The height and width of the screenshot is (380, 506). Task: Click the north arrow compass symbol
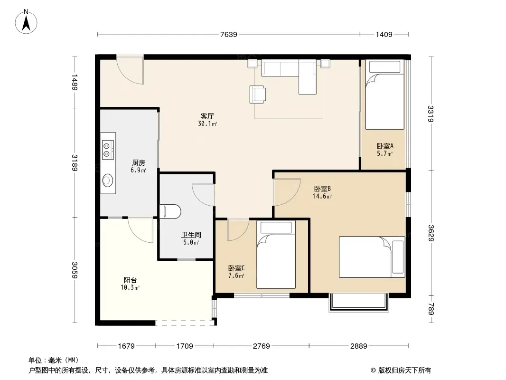(x=26, y=22)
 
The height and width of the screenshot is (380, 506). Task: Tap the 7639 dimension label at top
(x=229, y=35)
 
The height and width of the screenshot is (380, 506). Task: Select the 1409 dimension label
(x=384, y=35)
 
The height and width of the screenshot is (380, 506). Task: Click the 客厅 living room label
(x=207, y=116)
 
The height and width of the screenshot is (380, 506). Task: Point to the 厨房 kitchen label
(x=139, y=163)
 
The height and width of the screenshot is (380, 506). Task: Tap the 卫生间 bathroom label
(x=191, y=235)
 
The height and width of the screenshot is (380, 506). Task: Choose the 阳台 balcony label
(x=130, y=280)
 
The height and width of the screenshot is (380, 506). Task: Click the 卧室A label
(x=385, y=146)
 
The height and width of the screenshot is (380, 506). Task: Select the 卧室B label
(x=322, y=189)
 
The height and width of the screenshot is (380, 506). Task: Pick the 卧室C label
(x=236, y=268)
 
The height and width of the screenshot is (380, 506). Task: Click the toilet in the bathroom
(x=170, y=211)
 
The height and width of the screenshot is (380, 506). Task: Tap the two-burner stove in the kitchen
(x=108, y=150)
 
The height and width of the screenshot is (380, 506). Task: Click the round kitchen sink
(x=108, y=180)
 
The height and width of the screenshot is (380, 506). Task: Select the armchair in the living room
(x=258, y=94)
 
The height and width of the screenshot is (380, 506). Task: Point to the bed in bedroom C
(x=276, y=255)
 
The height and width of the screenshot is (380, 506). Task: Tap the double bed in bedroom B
(x=372, y=257)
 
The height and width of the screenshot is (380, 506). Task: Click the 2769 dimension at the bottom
(x=262, y=346)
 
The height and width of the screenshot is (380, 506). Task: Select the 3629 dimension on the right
(x=431, y=233)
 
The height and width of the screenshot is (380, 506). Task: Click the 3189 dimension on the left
(x=75, y=163)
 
